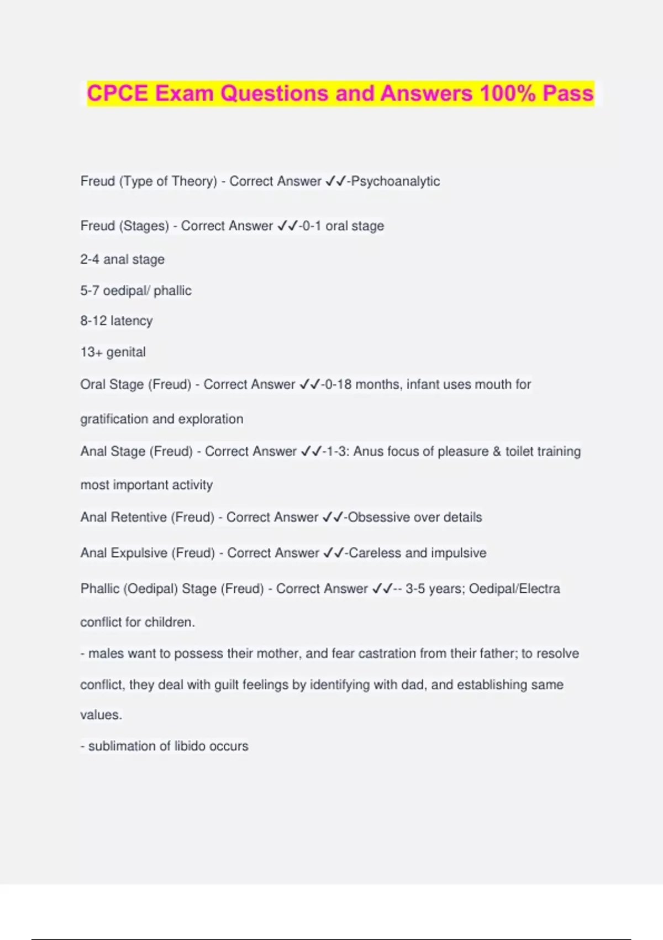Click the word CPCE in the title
coord(118,93)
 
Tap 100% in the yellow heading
coord(508,93)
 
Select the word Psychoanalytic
coord(396,181)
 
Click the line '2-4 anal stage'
coord(122,259)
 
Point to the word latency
coord(131,321)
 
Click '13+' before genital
coord(91,352)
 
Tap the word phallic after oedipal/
coord(172,291)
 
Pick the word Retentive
coord(139,518)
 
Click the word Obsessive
coord(378,518)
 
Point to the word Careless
coord(375,553)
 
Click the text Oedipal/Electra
coord(514,589)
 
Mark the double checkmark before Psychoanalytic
coord(335,181)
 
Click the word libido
coord(191,746)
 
